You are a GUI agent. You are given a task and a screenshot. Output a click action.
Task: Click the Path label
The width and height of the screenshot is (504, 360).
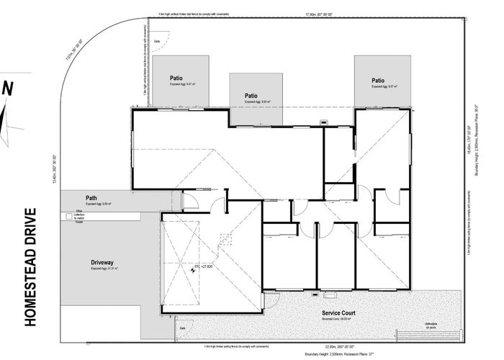tap(91, 198)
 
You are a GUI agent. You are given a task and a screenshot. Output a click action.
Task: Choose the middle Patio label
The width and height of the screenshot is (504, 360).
tap(251, 95)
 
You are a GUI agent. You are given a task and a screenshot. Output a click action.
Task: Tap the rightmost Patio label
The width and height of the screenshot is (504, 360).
tap(378, 81)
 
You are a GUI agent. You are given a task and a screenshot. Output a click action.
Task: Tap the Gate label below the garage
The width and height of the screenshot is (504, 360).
tap(182, 328)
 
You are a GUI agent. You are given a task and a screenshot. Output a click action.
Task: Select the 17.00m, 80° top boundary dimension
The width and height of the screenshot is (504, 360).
tap(320, 14)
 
